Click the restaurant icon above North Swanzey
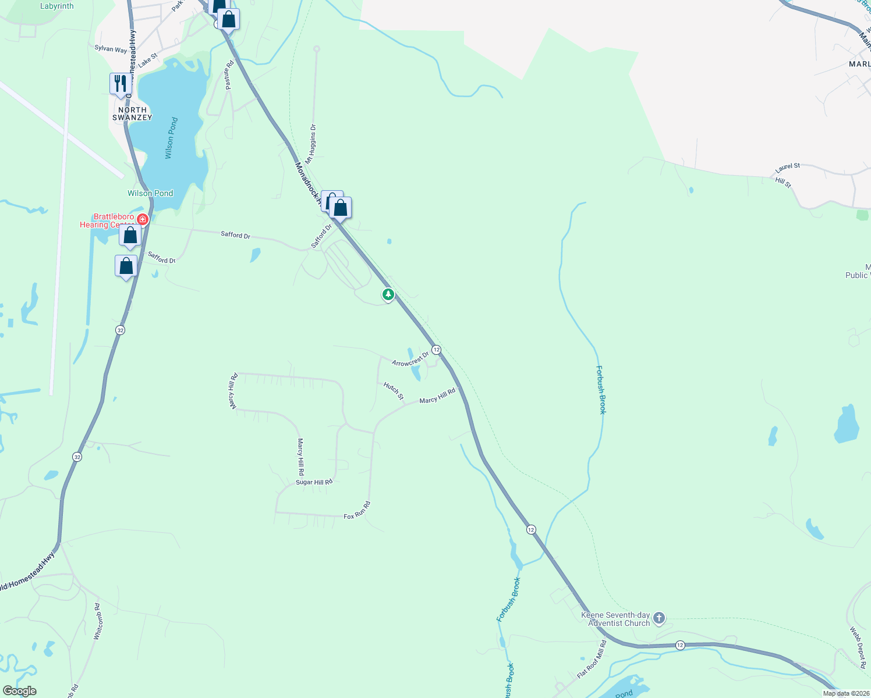click(x=120, y=84)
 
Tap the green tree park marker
click(x=388, y=294)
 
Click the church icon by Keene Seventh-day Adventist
click(x=659, y=618)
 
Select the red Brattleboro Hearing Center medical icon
click(x=143, y=219)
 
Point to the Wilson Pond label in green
click(x=150, y=193)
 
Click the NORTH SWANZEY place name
click(x=132, y=113)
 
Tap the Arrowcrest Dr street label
click(x=410, y=359)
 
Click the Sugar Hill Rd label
click(x=314, y=482)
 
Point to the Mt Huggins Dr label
click(x=311, y=143)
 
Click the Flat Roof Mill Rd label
click(x=592, y=659)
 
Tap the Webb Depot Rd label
click(x=858, y=647)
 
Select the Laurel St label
click(x=787, y=167)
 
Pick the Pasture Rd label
click(x=229, y=74)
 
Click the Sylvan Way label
click(x=111, y=49)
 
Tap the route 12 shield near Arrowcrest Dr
click(x=436, y=350)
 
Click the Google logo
click(x=20, y=691)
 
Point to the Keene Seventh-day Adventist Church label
click(x=615, y=619)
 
